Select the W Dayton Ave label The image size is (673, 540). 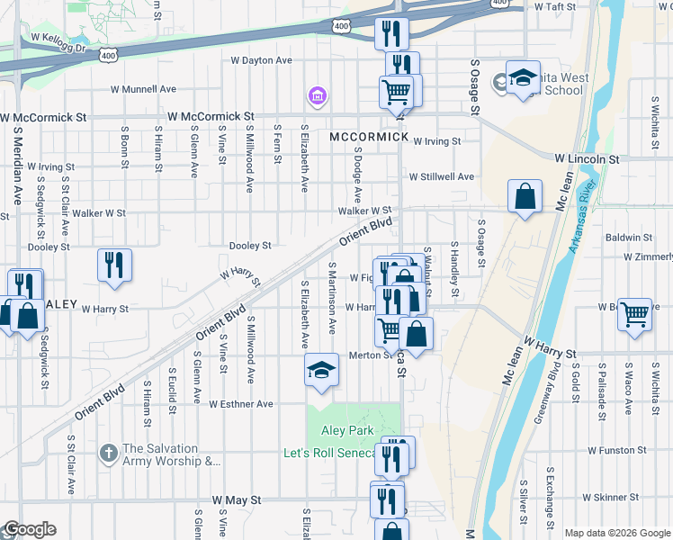pos(262,60)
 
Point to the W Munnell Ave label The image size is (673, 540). pos(143,89)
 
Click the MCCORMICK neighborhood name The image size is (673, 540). pos(369,138)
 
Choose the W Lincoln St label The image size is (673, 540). pos(587,158)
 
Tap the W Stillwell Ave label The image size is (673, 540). pos(441,177)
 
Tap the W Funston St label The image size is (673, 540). pos(616,449)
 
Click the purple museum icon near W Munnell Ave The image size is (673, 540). pos(316,95)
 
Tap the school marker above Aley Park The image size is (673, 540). pos(321,371)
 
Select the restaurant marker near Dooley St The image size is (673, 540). pos(114,265)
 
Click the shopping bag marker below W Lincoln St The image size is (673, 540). pos(525,196)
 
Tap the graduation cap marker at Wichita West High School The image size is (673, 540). pos(522,78)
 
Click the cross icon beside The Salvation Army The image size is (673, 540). pos(107,451)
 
